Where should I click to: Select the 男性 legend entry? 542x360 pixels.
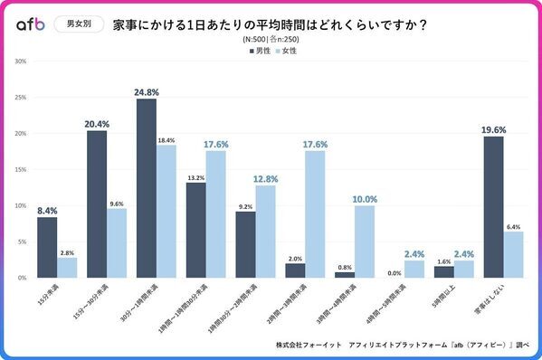pos(258,51)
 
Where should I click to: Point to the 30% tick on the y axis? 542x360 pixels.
pos(22,62)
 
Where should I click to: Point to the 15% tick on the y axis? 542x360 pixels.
pos(22,169)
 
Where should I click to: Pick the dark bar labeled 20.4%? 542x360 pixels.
pos(98,204)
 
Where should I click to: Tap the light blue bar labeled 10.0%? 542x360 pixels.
pos(364,241)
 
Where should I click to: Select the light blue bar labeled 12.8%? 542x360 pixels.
pos(265,231)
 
